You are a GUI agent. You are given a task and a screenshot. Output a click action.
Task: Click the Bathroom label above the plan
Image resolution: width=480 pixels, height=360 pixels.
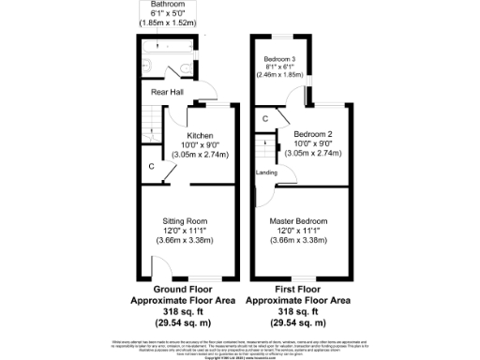(x=168, y=6)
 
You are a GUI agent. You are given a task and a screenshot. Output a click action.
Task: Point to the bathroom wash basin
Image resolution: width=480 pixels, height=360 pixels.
(x=146, y=66)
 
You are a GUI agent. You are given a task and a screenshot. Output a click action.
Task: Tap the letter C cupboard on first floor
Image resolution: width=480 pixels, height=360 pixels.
(x=265, y=118)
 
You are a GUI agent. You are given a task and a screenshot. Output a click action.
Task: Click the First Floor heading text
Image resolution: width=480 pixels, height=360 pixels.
(x=297, y=291)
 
